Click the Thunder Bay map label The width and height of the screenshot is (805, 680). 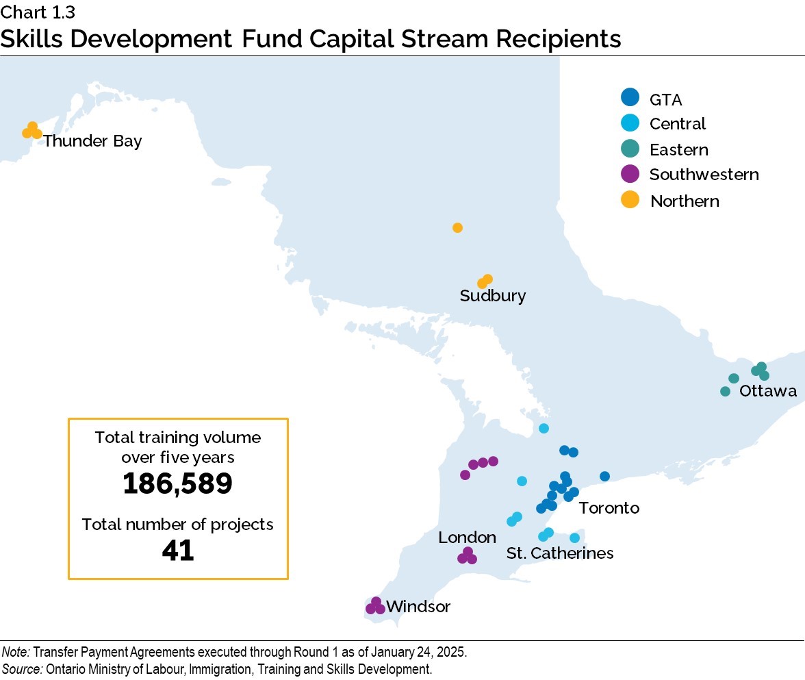[92, 141]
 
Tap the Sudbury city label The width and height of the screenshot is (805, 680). [492, 296]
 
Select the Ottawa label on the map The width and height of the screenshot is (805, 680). [768, 391]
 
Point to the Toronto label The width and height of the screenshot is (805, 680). [609, 507]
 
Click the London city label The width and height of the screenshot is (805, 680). [467, 538]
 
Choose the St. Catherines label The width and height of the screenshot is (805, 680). [559, 553]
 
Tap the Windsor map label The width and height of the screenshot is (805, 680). [418, 607]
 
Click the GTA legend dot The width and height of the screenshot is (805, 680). [630, 97]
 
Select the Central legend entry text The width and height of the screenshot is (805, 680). [677, 124]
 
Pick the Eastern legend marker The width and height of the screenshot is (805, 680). [630, 149]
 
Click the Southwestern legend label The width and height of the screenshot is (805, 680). [704, 175]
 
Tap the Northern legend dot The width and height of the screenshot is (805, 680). [630, 200]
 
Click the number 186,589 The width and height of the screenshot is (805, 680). [177, 483]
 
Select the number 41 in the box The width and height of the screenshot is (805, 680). [177, 550]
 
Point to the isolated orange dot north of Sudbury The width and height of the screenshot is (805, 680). [457, 227]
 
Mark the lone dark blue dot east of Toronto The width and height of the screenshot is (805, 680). [604, 476]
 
